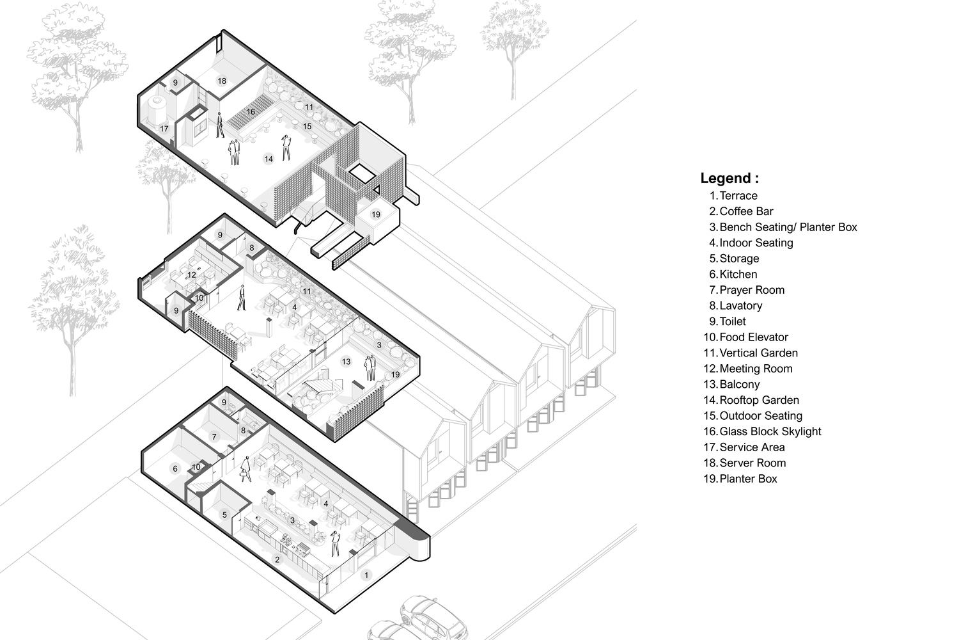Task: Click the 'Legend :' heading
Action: click(729, 178)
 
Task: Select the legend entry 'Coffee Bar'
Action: click(746, 211)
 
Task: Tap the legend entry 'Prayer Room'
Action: click(752, 290)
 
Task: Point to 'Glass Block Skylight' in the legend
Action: click(770, 431)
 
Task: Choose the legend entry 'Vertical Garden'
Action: click(759, 353)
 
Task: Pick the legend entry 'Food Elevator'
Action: click(754, 337)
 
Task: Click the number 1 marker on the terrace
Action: click(366, 575)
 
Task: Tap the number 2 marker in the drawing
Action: click(277, 559)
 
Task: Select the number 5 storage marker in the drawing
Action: click(224, 515)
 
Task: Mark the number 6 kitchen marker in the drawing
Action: click(175, 469)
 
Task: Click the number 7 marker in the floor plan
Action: click(214, 437)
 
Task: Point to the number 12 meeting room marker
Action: click(192, 275)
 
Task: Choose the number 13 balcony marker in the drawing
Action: click(346, 362)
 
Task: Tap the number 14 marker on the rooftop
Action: click(269, 159)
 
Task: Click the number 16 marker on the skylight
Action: click(251, 112)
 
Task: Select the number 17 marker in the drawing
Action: click(164, 129)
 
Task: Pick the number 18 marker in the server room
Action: click(221, 81)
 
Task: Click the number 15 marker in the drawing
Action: click(307, 127)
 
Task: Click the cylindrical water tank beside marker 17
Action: click(157, 109)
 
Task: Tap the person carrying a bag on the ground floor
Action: click(246, 469)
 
